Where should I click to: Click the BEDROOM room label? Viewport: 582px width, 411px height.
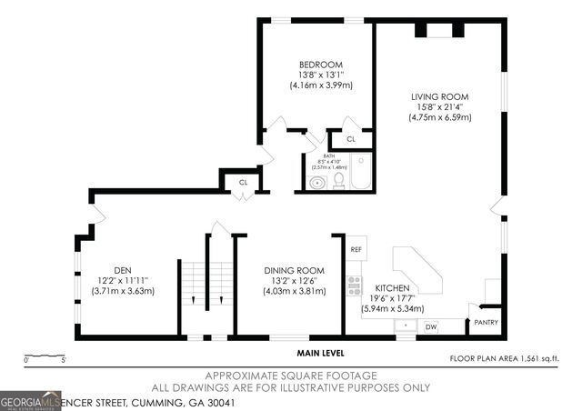320,65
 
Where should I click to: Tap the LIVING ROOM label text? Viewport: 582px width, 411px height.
438,96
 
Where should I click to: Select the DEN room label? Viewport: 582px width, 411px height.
123,270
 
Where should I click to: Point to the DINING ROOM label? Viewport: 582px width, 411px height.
294,271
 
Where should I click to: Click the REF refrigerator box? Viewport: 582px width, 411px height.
356,249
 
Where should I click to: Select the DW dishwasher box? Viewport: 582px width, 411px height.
431,326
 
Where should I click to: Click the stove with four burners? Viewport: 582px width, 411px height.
354,285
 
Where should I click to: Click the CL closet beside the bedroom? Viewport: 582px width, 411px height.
350,139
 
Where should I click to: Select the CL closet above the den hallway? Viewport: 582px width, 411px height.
243,182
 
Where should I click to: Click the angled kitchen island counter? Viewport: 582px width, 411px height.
417,270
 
